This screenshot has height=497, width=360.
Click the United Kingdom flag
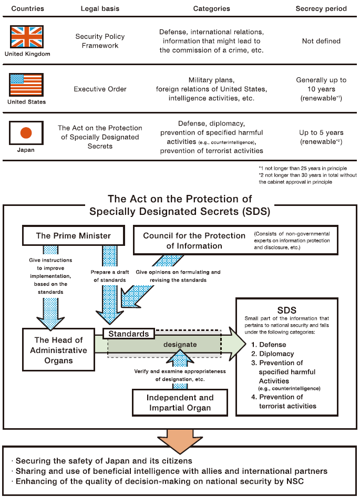[x=26, y=37]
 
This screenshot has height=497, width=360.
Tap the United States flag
[x=26, y=85]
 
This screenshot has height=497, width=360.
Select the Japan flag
[x=26, y=132]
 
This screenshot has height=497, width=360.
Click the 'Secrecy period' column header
[x=321, y=8]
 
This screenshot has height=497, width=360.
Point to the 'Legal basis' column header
[x=100, y=8]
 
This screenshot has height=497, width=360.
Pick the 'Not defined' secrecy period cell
[x=321, y=41]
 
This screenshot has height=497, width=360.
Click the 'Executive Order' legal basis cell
[x=100, y=89]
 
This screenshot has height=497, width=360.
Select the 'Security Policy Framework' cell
[x=100, y=41]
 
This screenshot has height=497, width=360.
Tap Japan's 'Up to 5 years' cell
[x=321, y=137]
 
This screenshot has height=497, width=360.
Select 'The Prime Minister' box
[x=73, y=235]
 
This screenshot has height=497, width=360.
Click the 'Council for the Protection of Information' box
[x=194, y=241]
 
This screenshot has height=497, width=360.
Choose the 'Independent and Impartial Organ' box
[x=180, y=402]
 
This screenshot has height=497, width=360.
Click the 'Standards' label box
[x=129, y=334]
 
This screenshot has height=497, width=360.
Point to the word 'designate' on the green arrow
[x=180, y=345]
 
